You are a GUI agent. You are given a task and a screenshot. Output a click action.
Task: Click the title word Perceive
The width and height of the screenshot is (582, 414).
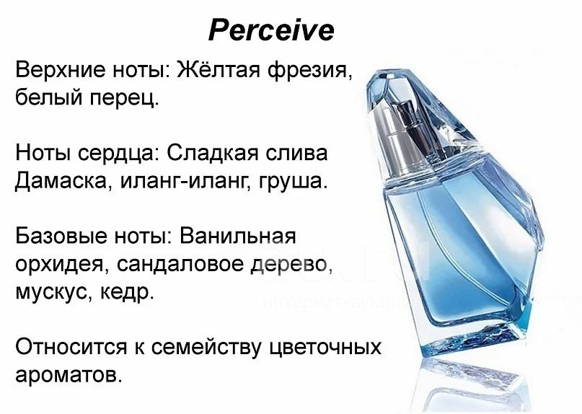[x=271, y=30]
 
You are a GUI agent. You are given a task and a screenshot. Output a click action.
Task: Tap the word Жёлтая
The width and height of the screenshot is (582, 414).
[x=219, y=69]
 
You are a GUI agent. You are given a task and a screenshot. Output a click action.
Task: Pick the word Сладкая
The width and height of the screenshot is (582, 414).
[x=212, y=153]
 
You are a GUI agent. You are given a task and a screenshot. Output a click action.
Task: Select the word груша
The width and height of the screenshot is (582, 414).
[x=293, y=182]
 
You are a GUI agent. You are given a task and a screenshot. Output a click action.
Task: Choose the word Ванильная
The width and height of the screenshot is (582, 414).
[x=237, y=235]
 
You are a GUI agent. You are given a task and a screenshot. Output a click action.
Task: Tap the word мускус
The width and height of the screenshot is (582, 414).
[x=53, y=292]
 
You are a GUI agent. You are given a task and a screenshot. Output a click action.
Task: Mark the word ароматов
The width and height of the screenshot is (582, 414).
[x=69, y=375]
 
